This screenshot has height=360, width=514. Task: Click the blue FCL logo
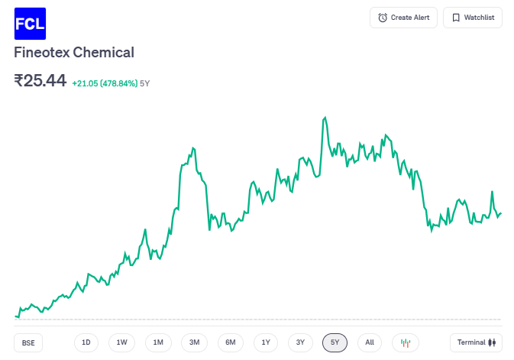(x=30, y=23)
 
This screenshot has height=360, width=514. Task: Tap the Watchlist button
(x=473, y=18)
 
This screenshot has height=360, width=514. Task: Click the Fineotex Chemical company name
(x=74, y=53)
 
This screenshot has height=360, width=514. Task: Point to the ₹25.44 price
(x=40, y=81)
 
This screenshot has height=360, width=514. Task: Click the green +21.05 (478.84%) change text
(x=105, y=83)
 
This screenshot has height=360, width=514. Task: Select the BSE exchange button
(x=28, y=342)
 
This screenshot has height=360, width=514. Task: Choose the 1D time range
(x=86, y=342)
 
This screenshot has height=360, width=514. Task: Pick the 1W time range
(x=122, y=342)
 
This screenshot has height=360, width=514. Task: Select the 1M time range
(x=158, y=342)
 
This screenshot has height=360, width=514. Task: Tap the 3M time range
(x=194, y=342)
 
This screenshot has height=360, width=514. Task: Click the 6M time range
(x=230, y=342)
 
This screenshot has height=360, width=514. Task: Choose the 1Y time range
(x=265, y=342)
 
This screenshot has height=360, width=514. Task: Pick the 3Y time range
(x=300, y=342)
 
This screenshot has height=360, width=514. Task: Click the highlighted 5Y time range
(x=335, y=342)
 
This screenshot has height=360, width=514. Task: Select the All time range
(x=370, y=342)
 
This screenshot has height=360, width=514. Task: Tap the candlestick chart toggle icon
(x=406, y=342)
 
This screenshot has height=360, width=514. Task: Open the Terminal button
(x=476, y=342)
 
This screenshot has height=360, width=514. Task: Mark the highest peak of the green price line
(x=325, y=118)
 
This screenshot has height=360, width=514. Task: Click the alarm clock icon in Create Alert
(x=383, y=18)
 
